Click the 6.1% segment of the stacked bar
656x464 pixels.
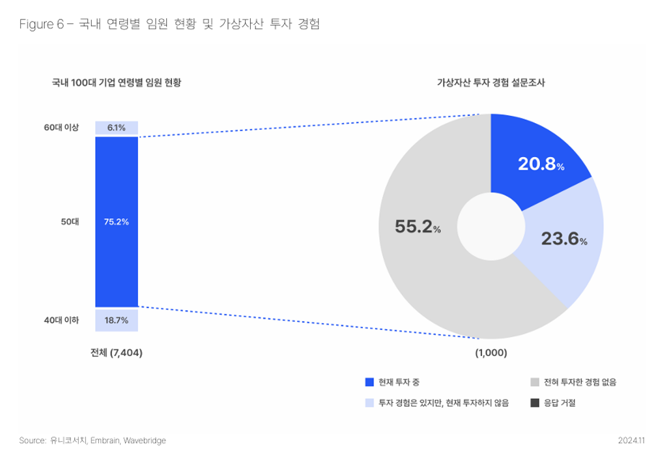coord(117,127)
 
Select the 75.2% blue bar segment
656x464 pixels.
coord(117,222)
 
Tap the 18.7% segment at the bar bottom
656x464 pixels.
coord(117,320)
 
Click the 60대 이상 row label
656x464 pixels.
coord(61,127)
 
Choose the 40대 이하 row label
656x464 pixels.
coord(61,320)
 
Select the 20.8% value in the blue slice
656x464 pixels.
coord(540,165)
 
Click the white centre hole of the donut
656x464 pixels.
coord(491,226)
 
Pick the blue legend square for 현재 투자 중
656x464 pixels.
coord(369,382)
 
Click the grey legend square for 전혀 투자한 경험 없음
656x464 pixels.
coord(535,382)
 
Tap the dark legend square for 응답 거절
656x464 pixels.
coord(535,402)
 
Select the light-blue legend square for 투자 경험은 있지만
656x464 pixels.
coord(369,402)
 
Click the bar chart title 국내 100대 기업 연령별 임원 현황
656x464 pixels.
coord(117,83)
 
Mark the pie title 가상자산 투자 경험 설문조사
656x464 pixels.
coord(491,83)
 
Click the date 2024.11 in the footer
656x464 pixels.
coord(631,441)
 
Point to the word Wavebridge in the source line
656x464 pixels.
coord(145,441)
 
